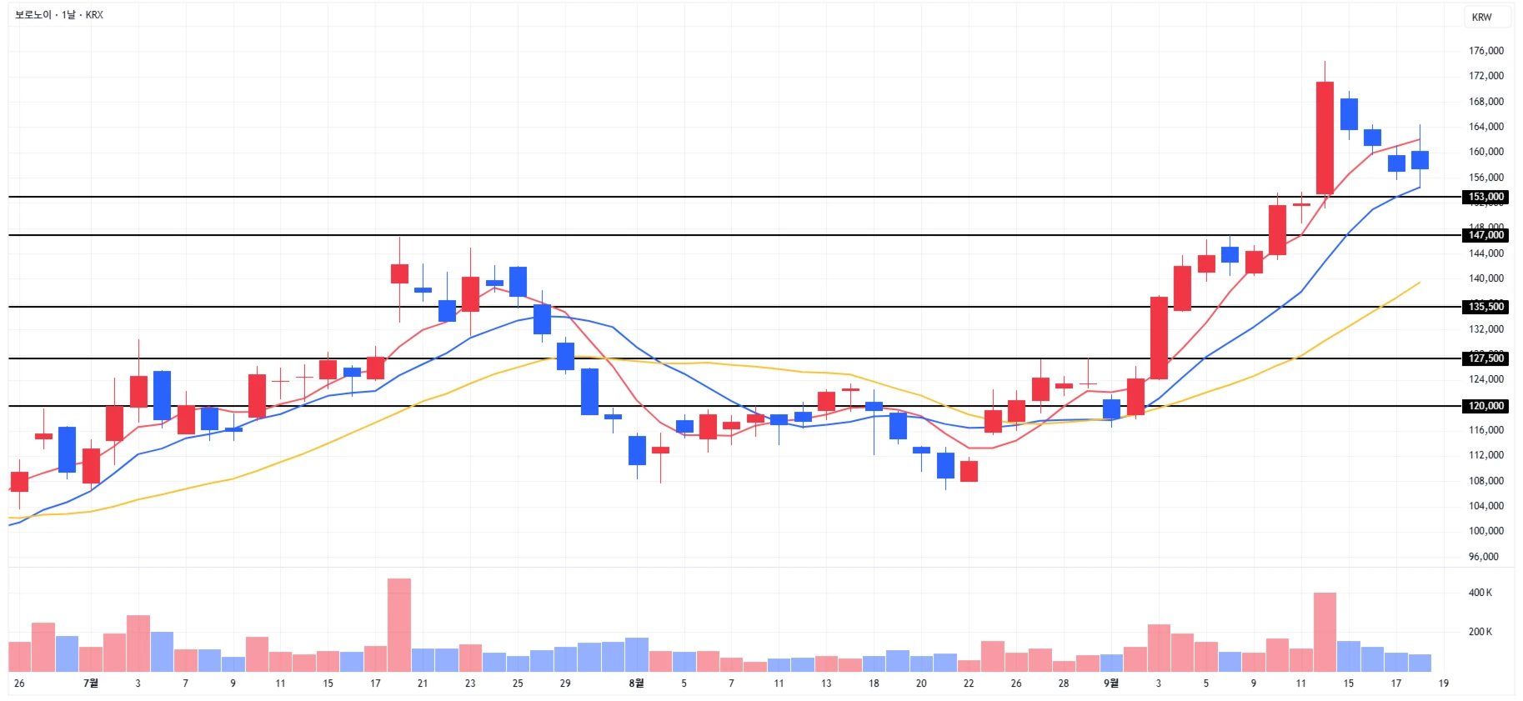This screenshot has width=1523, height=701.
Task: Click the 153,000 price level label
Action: tap(1485, 198)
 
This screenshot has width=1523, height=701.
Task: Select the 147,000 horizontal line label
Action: tap(1485, 236)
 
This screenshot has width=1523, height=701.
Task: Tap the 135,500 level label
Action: tap(1485, 307)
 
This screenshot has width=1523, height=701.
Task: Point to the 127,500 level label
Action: tap(1485, 358)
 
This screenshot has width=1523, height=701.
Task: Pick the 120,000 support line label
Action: tap(1485, 406)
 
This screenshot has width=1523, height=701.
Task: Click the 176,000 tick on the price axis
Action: tap(1485, 51)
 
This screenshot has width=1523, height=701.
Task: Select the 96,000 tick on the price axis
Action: tap(1483, 556)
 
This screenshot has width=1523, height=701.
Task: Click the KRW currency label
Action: tap(1481, 18)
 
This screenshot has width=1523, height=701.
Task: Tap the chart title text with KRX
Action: tap(59, 15)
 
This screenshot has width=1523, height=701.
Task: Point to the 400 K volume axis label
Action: tap(1480, 593)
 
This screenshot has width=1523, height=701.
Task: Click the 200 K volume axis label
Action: tap(1480, 632)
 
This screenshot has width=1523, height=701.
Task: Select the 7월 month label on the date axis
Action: tap(91, 683)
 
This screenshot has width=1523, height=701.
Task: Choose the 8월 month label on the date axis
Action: tap(636, 683)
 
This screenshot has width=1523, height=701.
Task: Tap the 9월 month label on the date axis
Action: tap(1111, 683)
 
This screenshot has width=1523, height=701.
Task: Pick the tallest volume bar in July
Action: tap(399, 625)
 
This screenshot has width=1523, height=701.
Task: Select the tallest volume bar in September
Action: tap(1325, 632)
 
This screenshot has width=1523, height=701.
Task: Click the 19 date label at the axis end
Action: tap(1443, 683)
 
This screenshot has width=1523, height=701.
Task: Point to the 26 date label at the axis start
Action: tap(19, 683)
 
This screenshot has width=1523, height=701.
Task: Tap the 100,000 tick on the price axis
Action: tap(1485, 531)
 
